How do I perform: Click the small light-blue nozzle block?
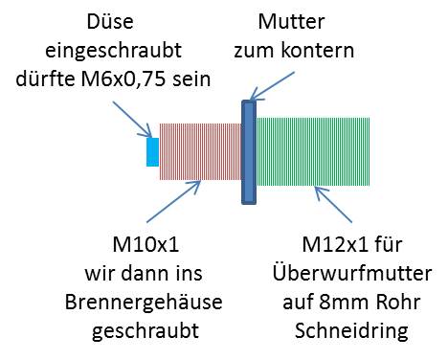[152, 151]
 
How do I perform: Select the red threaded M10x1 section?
[199, 151]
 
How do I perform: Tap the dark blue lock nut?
[249, 151]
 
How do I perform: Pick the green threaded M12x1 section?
[316, 151]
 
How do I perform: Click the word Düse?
[111, 22]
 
